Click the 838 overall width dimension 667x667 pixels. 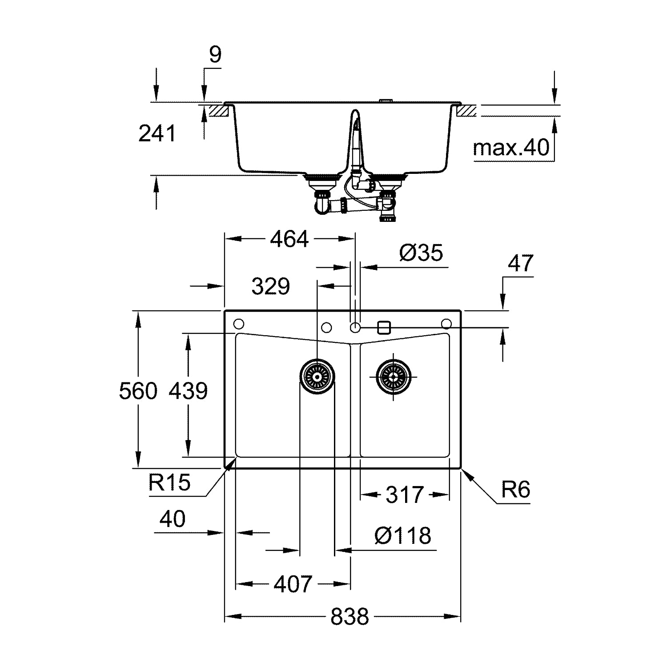(350, 617)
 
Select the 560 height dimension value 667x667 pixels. (138, 391)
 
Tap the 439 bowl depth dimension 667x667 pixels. (188, 391)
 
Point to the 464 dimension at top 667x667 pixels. (289, 239)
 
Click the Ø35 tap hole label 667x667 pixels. (421, 253)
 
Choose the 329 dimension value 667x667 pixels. (271, 286)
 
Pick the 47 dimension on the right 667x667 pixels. (520, 263)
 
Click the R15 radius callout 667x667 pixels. (169, 482)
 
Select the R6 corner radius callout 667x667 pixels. (516, 490)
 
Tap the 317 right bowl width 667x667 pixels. (405, 495)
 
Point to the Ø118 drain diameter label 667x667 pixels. (403, 535)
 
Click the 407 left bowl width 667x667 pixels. (293, 584)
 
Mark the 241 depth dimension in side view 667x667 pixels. (157, 133)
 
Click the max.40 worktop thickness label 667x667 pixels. (511, 147)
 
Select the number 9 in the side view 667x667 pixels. (215, 55)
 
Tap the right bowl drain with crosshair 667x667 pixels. (394, 377)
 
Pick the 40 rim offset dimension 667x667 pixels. (173, 519)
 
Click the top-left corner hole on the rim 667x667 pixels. (238, 323)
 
